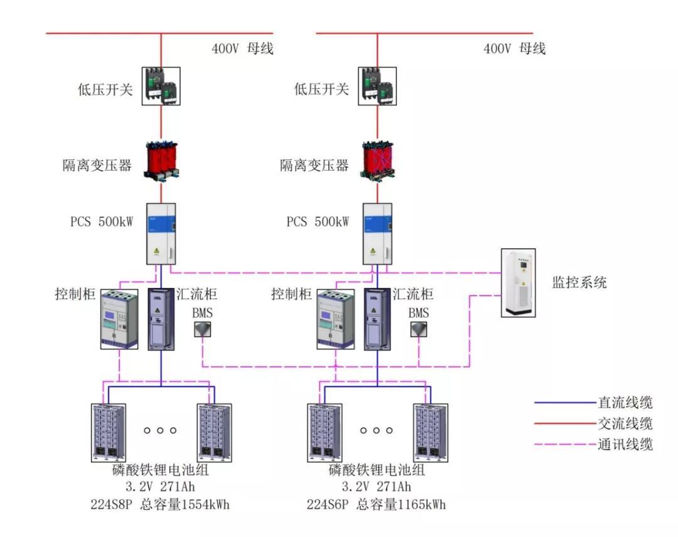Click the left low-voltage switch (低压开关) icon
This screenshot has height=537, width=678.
161,86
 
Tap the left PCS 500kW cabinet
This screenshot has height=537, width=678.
161,233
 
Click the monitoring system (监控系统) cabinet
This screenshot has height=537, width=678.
519,283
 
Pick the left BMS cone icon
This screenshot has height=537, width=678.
202,330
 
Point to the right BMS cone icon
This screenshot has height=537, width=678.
419,330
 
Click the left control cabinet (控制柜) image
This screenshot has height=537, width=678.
119,319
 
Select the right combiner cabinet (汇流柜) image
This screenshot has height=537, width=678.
377,319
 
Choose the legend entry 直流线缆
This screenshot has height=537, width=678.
625,403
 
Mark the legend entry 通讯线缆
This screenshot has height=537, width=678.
625,445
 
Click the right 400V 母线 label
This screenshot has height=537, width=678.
514,48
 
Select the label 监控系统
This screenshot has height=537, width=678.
579,282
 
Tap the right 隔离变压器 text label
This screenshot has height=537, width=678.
314,166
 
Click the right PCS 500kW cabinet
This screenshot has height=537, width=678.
377,233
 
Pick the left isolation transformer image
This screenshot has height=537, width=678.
161,161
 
